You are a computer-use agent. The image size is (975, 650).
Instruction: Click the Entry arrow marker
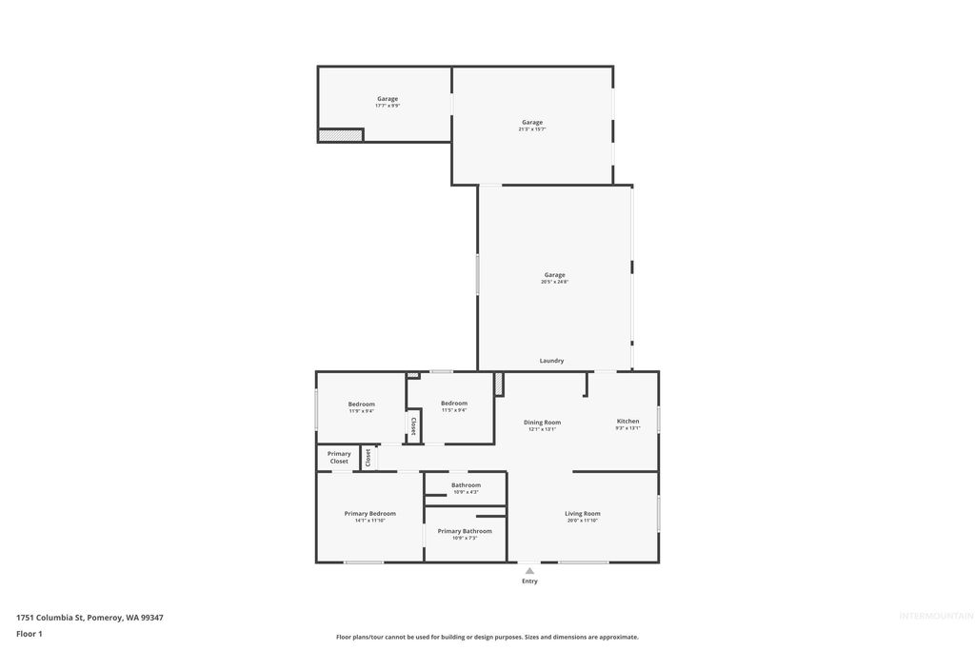tap(529, 571)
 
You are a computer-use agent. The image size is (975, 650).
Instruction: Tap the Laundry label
tap(551, 361)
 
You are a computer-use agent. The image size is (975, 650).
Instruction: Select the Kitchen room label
tap(627, 421)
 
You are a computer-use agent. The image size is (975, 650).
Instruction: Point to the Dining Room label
tap(542, 422)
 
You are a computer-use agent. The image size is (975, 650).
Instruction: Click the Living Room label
tap(582, 514)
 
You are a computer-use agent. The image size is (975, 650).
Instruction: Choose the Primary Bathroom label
tap(465, 531)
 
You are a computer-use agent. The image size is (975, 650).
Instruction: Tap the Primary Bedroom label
tap(369, 514)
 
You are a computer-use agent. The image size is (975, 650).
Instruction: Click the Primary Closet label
tap(339, 458)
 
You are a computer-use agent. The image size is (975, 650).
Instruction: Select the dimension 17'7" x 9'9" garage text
tap(387, 106)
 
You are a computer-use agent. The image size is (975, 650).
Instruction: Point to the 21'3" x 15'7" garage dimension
tap(531, 128)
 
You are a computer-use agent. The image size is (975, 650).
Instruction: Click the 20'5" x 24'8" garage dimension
tap(554, 282)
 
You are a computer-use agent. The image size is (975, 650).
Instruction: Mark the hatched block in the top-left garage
tap(340, 135)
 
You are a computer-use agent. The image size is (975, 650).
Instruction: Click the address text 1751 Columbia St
tap(90, 618)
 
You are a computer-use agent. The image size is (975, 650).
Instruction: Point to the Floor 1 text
tap(30, 633)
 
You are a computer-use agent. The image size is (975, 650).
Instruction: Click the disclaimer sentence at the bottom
tap(487, 637)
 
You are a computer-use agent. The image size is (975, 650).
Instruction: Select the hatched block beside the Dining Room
tap(498, 383)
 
